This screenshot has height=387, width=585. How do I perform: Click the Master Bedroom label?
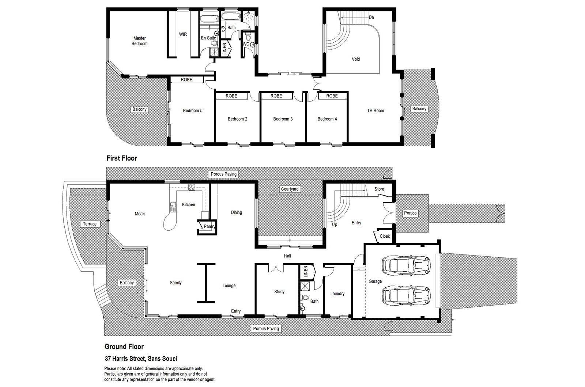139,41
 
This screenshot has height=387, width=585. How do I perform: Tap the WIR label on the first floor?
183,34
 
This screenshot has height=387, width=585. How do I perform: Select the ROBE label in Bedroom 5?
186,80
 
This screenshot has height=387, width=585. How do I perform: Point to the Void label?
356,59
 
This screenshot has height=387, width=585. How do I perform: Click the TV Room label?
375,111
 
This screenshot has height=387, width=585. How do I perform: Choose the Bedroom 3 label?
283,119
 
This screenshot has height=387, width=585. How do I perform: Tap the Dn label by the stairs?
371,18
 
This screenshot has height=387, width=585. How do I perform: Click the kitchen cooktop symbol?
192,187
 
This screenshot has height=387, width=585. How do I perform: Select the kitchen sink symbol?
173,207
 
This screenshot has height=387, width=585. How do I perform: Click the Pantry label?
210,226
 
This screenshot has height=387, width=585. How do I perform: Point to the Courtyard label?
290,189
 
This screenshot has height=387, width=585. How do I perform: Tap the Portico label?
410,213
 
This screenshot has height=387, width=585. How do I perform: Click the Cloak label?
385,236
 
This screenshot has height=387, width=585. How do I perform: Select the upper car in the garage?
406,265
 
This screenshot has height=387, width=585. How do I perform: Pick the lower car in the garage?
406,296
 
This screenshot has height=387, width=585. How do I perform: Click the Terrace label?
90,224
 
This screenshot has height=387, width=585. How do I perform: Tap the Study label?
279,292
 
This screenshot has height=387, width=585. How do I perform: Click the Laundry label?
337,294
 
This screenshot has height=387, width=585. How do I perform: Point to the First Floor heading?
122,158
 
